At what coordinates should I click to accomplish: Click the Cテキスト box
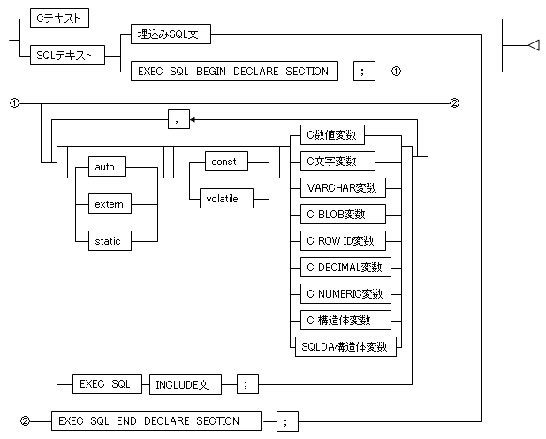point(59,18)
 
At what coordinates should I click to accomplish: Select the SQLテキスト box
point(67,55)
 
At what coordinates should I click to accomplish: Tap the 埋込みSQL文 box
point(171,34)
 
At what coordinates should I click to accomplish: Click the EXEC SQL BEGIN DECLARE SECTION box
point(234,72)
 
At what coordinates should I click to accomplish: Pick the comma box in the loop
point(179,119)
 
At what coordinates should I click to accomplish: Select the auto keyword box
point(107,166)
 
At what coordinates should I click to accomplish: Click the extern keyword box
point(110,204)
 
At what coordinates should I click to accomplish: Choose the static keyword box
point(110,240)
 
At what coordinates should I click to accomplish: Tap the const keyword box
point(227,161)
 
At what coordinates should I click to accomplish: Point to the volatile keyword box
point(227,199)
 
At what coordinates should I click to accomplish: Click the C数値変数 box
point(332,135)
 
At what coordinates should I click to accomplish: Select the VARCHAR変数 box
point(344,187)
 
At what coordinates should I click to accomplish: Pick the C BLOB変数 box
point(344,214)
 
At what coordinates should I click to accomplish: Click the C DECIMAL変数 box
point(345,267)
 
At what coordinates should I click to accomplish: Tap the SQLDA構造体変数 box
point(345,347)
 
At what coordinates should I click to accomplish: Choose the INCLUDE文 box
point(186,384)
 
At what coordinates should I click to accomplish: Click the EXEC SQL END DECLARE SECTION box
point(156,421)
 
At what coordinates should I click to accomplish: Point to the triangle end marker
point(535,45)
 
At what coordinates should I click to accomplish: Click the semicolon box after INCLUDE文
point(248,384)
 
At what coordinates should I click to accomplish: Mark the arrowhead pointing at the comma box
point(193,120)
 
